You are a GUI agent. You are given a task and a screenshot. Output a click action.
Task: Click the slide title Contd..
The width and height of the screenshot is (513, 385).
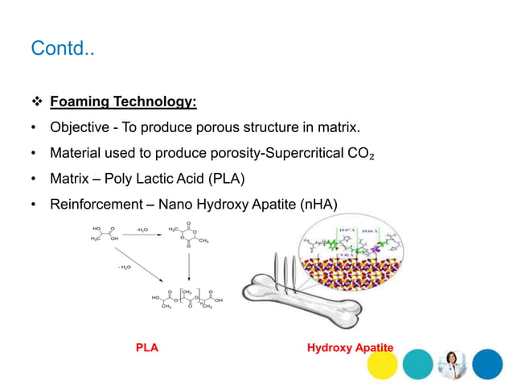point(62,49)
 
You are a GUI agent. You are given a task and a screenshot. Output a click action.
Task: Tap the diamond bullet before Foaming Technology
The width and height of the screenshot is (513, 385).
point(37,102)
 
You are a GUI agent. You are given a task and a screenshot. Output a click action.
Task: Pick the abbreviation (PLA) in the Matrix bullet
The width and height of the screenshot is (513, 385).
point(246,178)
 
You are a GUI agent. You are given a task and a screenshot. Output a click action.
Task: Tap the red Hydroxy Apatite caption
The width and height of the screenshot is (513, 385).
point(350,348)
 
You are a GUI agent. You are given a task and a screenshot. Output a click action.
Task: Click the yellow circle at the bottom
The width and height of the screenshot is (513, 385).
point(381,364)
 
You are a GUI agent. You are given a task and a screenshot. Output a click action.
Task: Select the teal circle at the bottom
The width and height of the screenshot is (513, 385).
point(417,364)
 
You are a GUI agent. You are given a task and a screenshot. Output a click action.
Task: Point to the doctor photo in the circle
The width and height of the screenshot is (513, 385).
point(452,364)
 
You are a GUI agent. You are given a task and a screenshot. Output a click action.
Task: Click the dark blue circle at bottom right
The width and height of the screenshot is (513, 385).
point(487,364)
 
